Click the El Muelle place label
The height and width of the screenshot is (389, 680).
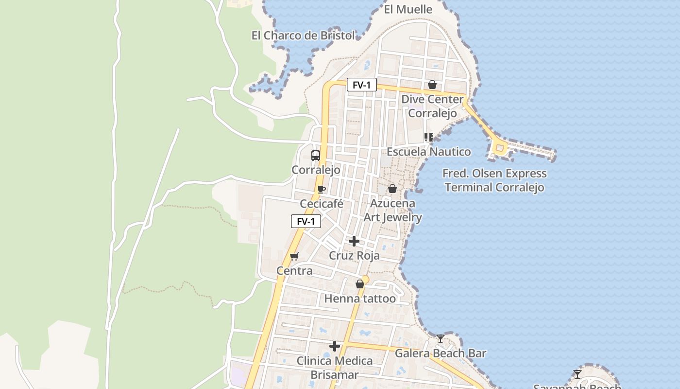[408, 9]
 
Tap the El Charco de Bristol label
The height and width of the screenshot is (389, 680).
[303, 35]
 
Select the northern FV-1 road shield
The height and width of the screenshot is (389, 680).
[362, 85]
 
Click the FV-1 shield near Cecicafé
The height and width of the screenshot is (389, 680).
[306, 221]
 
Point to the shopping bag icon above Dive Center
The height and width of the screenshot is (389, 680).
[432, 85]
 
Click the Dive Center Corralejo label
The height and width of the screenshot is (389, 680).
[432, 106]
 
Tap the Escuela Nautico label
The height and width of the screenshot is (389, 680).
[428, 152]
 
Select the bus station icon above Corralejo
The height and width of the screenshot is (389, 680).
[316, 156]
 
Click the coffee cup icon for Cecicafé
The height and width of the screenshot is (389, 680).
[321, 189]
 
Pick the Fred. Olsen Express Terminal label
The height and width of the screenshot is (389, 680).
[494, 180]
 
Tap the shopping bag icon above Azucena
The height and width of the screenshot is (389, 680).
[392, 189]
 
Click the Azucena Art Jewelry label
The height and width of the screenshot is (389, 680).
[392, 210]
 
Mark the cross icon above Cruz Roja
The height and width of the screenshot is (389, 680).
[354, 241]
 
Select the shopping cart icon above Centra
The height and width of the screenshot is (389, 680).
[294, 256]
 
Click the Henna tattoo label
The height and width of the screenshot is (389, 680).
[360, 299]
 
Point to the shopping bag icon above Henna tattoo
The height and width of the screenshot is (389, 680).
[360, 284]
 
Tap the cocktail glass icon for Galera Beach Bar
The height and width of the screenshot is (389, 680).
[441, 338]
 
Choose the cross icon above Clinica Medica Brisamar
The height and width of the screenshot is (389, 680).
[335, 346]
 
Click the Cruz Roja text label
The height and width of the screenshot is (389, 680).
[354, 256]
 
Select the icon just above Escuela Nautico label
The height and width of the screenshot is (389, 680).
[428, 137]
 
